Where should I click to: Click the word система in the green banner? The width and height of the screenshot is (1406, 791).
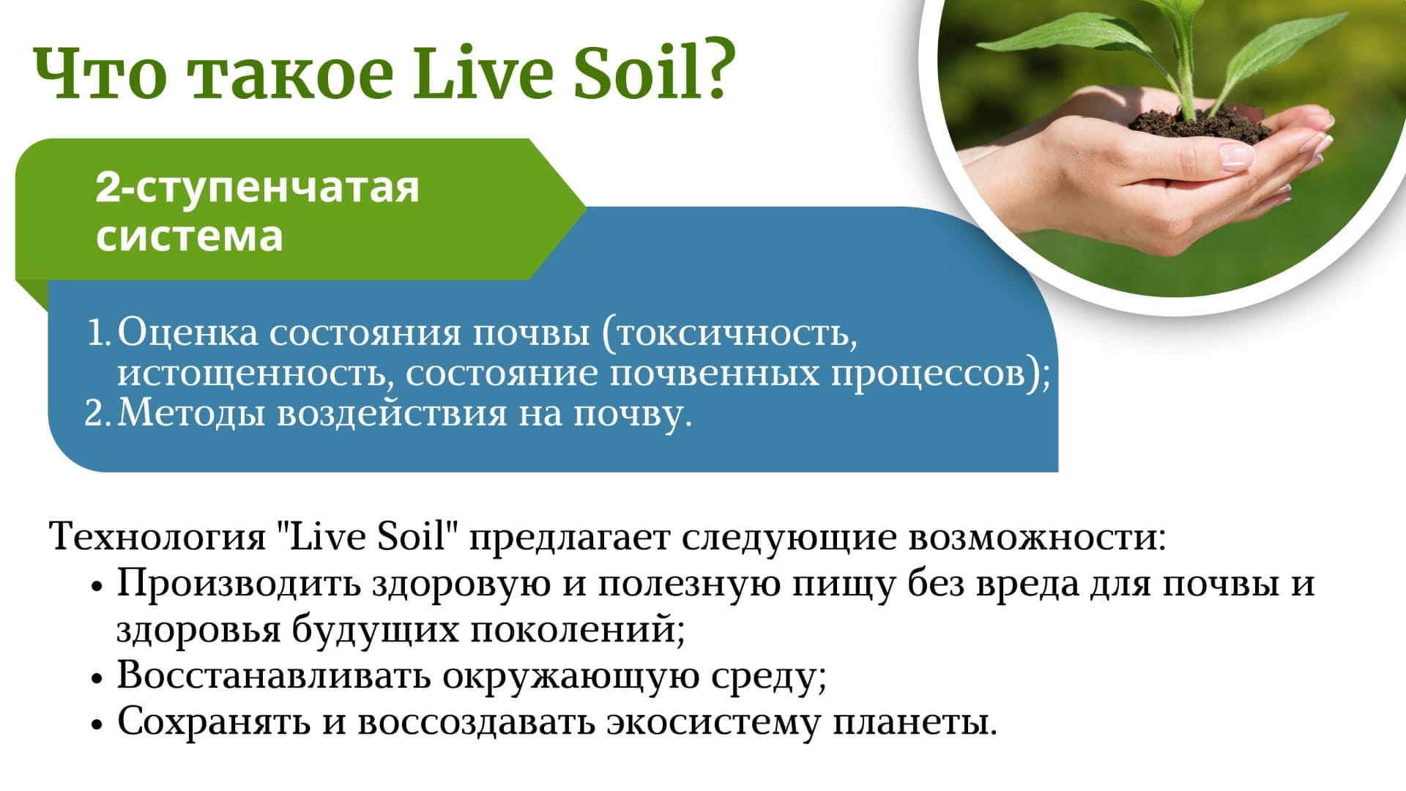tap(190, 237)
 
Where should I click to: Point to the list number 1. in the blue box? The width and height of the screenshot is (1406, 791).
tap(100, 333)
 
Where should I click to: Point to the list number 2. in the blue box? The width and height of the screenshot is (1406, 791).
tap(99, 413)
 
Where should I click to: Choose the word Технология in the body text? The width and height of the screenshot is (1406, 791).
tap(157, 537)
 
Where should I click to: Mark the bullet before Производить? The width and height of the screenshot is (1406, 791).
tap(96, 587)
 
